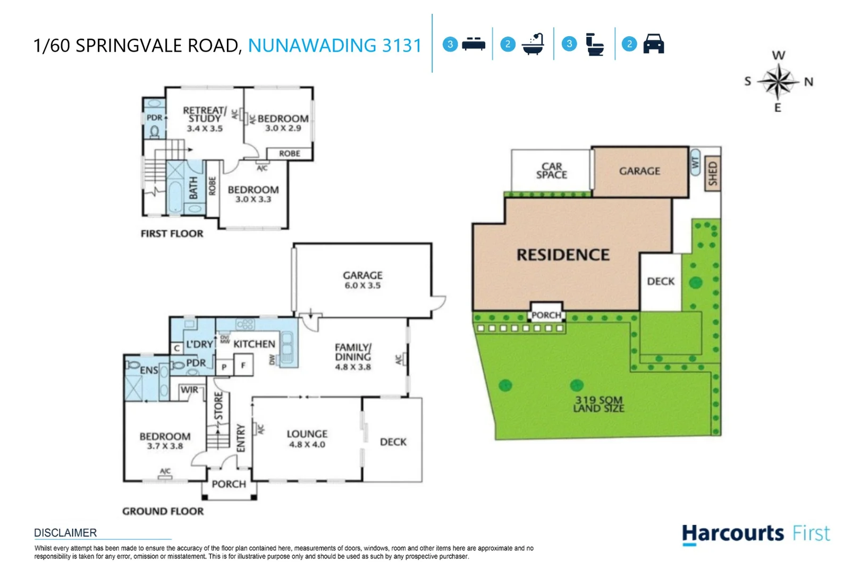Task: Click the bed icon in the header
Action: click(474, 44)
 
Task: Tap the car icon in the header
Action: click(653, 44)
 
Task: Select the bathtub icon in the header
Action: click(533, 44)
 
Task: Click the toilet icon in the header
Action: click(594, 45)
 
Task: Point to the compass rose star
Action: click(778, 81)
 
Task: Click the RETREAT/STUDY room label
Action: click(205, 114)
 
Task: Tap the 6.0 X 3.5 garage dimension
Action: click(362, 285)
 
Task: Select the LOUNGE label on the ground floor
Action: click(307, 434)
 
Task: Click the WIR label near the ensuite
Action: click(189, 390)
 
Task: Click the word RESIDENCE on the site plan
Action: click(563, 255)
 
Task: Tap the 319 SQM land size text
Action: click(598, 404)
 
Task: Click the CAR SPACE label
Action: click(552, 171)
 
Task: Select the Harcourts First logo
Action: click(755, 533)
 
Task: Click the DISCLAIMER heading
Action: click(65, 533)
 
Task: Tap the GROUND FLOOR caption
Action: click(163, 511)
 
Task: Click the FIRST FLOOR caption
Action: click(172, 233)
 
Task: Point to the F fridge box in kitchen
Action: click(243, 366)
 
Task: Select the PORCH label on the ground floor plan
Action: click(229, 484)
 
